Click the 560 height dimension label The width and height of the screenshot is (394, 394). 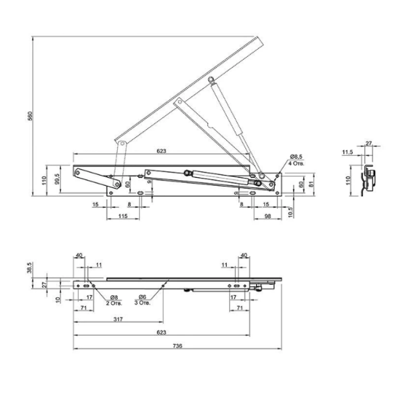coord(30,116)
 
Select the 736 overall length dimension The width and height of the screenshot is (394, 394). coord(177,346)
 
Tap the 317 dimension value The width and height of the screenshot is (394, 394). coord(118,319)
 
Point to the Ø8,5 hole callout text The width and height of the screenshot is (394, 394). coord(296,156)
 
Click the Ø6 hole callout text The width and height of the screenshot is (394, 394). coord(142,297)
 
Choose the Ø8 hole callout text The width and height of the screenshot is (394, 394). coord(114,297)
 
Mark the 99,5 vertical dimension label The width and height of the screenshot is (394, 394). coord(57,178)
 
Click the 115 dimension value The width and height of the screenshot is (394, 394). coord(123,216)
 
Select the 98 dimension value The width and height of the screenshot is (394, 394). coord(268,216)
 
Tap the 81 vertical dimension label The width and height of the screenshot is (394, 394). coord(312,183)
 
